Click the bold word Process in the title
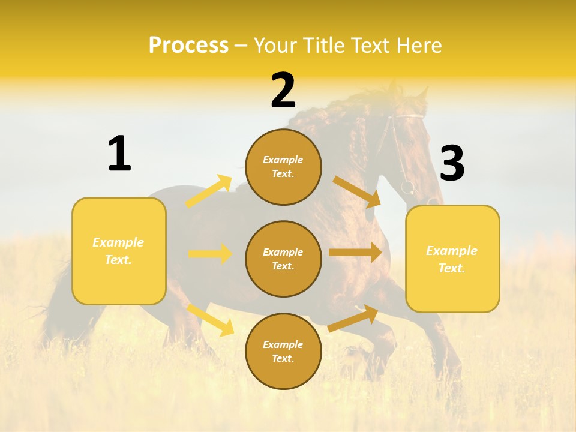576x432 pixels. click(188, 46)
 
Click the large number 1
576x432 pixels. click(119, 154)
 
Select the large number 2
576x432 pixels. click(283, 91)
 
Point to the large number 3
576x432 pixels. click(452, 164)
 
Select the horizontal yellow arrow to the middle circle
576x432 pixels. click(210, 254)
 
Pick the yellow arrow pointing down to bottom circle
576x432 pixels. click(210, 320)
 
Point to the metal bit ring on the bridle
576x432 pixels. click(407, 187)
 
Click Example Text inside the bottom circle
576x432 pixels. click(283, 352)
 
